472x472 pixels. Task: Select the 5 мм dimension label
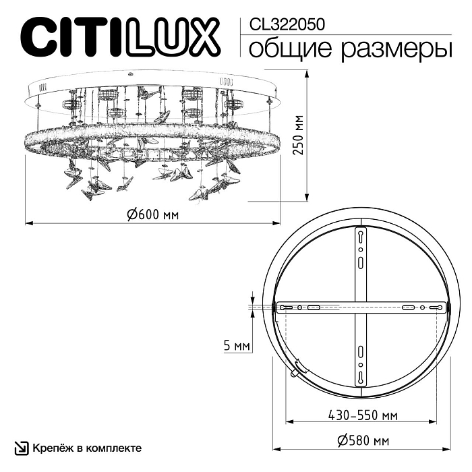click(x=237, y=346)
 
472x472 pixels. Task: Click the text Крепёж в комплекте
click(x=87, y=448)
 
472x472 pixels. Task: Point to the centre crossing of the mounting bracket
click(x=361, y=307)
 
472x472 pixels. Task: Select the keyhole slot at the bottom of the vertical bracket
click(x=361, y=376)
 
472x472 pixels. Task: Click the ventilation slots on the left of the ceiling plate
click(x=41, y=87)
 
